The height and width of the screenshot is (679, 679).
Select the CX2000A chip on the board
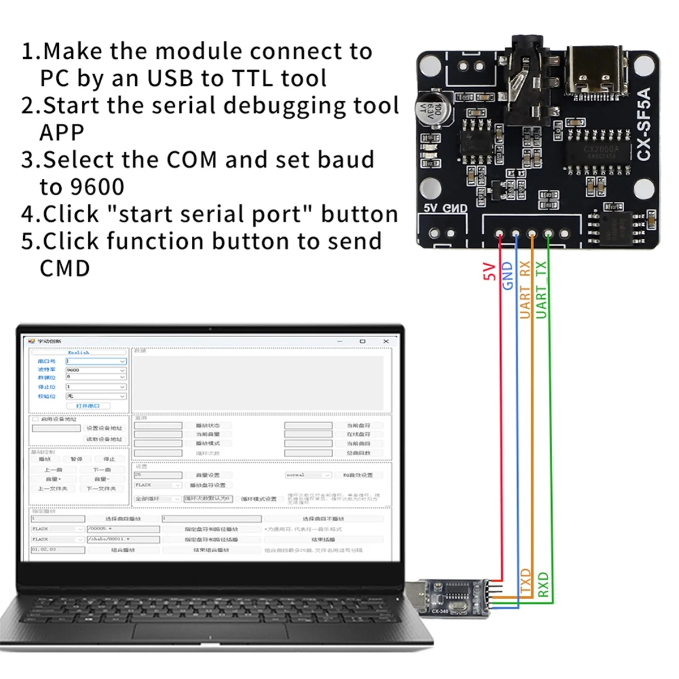click(601, 151)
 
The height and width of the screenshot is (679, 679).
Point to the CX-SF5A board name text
click(644, 124)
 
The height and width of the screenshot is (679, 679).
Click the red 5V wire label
click(489, 272)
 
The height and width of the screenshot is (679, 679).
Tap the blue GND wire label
click(508, 276)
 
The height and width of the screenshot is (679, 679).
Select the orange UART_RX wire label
click(525, 289)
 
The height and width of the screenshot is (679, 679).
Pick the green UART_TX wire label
click(542, 289)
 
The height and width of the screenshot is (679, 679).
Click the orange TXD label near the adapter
click(526, 583)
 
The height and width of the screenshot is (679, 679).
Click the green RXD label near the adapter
click(543, 585)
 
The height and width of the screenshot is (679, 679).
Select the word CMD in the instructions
click(65, 268)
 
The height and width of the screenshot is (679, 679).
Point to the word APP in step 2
click(62, 132)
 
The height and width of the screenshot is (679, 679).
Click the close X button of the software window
click(386, 341)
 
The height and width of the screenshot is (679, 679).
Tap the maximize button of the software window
click(363, 341)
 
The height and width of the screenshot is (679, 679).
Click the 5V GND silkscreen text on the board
click(445, 208)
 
